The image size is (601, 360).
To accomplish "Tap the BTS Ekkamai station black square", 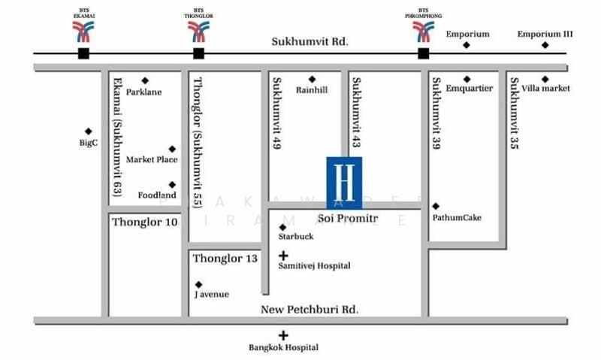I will click(83, 53).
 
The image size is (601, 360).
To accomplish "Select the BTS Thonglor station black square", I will click(198, 53).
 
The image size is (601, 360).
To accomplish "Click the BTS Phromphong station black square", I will click(424, 53).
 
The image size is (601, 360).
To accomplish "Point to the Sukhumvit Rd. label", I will click(310, 42).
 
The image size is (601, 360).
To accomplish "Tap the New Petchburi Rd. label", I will click(310, 310).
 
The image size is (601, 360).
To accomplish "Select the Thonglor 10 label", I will click(145, 222).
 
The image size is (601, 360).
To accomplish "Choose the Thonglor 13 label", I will click(225, 259).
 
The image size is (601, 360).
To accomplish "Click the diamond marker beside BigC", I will click(89, 131).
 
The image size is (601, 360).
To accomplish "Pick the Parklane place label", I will click(144, 92).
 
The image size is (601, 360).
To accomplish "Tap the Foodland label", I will click(157, 195).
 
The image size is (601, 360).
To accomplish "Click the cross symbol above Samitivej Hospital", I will click(283, 256).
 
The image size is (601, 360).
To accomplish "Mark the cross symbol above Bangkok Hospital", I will click(283, 336).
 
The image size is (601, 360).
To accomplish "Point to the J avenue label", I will click(211, 294).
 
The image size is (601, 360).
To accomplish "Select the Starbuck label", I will click(295, 236).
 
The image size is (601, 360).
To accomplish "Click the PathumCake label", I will click(457, 218).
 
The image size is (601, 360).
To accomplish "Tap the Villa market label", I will click(545, 88).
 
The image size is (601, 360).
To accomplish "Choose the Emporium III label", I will click(545, 34).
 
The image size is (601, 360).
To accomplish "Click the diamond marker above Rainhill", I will click(312, 79).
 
